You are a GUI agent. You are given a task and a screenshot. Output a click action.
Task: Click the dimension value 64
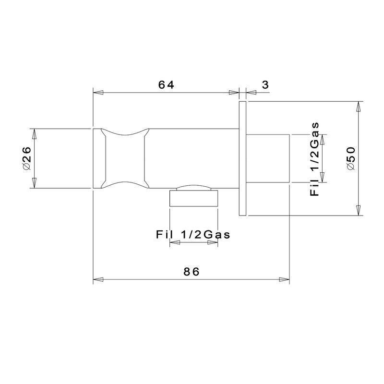click(x=166, y=85)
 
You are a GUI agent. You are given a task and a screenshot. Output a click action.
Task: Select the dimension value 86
click(x=192, y=272)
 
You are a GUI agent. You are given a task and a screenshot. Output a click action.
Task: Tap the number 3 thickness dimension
click(x=265, y=85)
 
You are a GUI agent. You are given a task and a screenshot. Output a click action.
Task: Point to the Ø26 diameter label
click(x=26, y=158)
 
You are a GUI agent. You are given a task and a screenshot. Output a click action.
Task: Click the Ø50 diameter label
click(x=351, y=158)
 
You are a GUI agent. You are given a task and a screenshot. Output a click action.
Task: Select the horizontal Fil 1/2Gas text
click(x=193, y=235)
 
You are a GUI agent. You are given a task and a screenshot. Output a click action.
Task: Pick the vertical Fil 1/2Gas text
click(x=314, y=159)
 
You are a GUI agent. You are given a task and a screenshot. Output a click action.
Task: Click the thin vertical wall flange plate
click(x=242, y=158)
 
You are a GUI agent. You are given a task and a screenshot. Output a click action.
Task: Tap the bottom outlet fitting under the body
click(x=194, y=196)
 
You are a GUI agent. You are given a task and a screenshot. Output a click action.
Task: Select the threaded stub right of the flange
click(x=268, y=158)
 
